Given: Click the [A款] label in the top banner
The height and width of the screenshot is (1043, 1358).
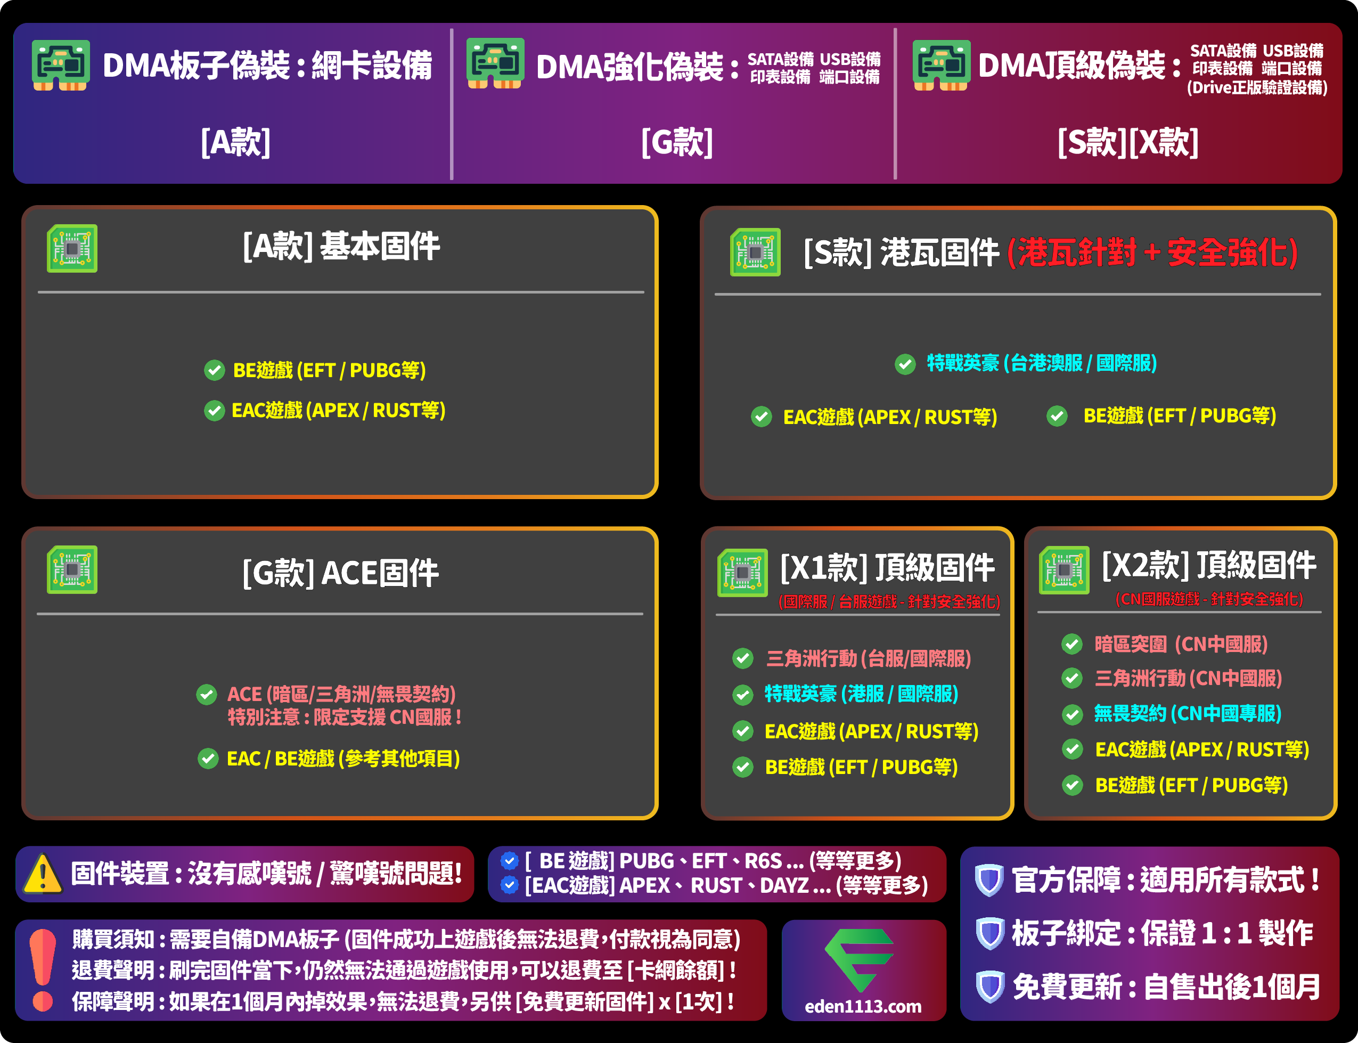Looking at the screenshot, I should coord(235,143).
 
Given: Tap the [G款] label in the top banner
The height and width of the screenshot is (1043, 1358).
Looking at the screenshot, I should coord(676,143).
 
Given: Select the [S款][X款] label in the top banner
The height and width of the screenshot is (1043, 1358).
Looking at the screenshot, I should coord(1128,143).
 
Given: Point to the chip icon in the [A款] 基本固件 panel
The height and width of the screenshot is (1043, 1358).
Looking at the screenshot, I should coord(72,248).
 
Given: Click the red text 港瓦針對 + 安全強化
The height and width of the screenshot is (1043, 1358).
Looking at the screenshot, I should coord(1152,252).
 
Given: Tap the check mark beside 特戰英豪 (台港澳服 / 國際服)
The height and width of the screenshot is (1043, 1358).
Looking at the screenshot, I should coord(905,364).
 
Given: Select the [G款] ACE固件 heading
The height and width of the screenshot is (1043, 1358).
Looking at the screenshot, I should coord(340,573).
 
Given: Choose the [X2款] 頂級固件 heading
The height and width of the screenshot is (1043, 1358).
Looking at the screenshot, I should coord(1208,565).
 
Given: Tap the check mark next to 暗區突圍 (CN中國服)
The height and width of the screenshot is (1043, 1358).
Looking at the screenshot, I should coord(1072,645).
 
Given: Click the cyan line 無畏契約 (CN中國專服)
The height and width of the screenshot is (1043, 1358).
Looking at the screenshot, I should coord(1188,714).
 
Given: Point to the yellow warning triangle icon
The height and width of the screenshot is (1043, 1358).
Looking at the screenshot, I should coord(42,874).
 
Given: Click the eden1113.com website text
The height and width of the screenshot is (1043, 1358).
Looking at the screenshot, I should coord(863,1006).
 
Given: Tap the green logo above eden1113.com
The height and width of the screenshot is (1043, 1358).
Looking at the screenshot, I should coord(859,959).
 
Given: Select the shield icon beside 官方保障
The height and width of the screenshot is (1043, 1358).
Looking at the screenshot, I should coord(989,879).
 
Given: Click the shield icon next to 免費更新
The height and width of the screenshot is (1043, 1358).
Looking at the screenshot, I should coord(989,987).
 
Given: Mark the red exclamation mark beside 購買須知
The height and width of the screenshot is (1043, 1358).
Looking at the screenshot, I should coord(42,969).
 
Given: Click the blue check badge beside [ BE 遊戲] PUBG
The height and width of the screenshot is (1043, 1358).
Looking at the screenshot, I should coord(509,860).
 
